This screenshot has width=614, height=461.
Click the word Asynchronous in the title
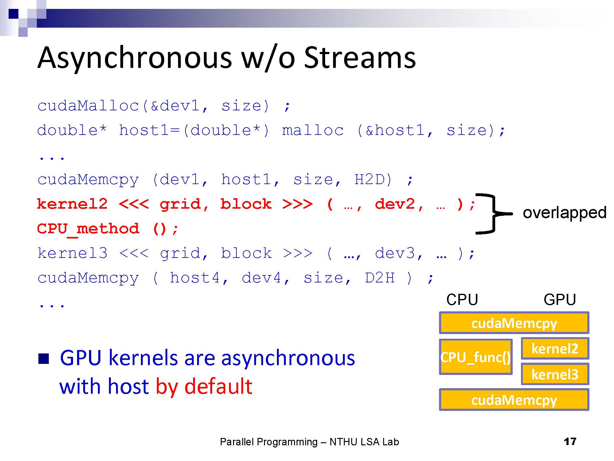click(134, 58)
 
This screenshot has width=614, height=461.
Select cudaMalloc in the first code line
click(88, 106)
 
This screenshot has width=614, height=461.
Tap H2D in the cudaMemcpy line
click(373, 179)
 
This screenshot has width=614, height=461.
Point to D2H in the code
click(380, 278)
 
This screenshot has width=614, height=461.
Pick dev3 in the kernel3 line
click(395, 254)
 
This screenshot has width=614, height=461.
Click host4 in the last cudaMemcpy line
click(195, 278)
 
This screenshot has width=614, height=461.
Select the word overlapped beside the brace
click(564, 213)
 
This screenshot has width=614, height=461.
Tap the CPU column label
click(462, 300)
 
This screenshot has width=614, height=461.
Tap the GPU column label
click(559, 300)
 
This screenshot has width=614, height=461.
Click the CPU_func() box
click(476, 357)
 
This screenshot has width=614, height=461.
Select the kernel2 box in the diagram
click(555, 349)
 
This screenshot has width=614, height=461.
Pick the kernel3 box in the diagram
click(555, 374)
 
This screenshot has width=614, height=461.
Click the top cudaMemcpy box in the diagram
click(514, 323)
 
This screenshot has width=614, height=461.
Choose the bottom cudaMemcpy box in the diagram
click(514, 400)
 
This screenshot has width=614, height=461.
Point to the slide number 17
click(570, 442)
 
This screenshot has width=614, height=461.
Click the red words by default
click(204, 386)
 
